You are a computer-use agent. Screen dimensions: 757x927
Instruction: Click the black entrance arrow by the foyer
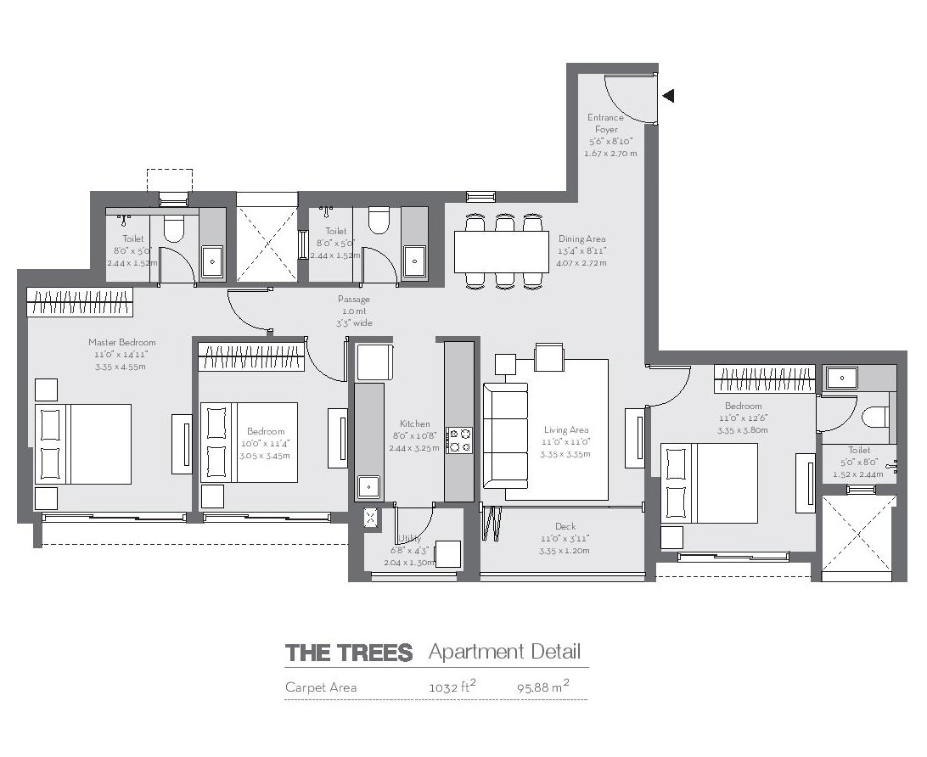pos(668,96)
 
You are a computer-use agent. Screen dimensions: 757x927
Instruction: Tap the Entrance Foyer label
pos(605,123)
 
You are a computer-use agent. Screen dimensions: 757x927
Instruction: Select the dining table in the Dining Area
pos(502,251)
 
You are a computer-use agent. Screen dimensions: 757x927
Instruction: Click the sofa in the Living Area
pos(505,441)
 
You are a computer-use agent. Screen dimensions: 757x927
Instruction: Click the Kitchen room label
pos(415,423)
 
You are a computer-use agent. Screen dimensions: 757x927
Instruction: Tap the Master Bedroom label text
pos(121,343)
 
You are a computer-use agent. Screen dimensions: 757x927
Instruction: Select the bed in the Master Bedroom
pos(83,444)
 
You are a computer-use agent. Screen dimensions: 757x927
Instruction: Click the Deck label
pos(565,527)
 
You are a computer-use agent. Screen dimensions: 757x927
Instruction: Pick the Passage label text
pos(353,300)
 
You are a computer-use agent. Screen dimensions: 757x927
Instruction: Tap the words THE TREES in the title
pos(349,653)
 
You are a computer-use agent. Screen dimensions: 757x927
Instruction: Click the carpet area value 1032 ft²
pos(452,687)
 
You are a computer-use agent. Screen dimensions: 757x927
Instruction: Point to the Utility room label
pos(410,539)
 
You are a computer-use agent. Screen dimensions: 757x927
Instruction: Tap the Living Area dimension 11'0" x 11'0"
pos(566,442)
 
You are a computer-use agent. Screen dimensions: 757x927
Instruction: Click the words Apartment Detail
pos(504,652)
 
